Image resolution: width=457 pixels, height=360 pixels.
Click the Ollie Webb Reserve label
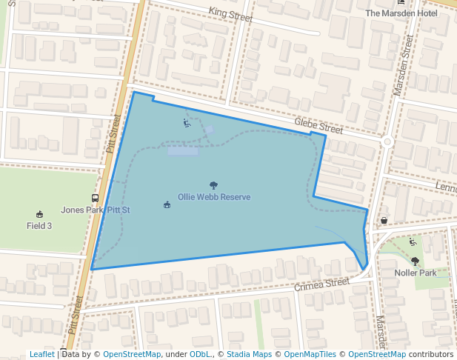click(214, 198)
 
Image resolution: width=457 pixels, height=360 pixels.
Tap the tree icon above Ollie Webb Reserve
click(214, 186)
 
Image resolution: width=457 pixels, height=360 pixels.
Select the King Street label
click(230, 13)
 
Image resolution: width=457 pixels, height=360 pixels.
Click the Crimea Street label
click(321, 284)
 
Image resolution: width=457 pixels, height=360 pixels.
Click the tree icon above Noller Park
click(415, 261)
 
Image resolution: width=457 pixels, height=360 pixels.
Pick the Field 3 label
click(39, 225)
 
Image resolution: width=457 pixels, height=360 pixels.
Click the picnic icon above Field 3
click(39, 214)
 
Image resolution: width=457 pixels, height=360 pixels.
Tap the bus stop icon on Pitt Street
click(96, 198)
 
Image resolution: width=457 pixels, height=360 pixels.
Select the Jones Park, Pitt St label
click(96, 210)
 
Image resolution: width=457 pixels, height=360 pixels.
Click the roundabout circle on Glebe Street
click(387, 141)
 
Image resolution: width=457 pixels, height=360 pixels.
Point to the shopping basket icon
click(384, 220)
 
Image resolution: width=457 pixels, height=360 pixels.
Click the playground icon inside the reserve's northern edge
click(187, 123)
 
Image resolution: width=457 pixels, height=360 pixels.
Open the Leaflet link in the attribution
click(42, 354)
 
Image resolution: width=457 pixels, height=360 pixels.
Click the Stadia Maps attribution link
click(249, 354)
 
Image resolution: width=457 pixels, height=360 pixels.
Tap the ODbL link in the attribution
click(200, 354)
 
